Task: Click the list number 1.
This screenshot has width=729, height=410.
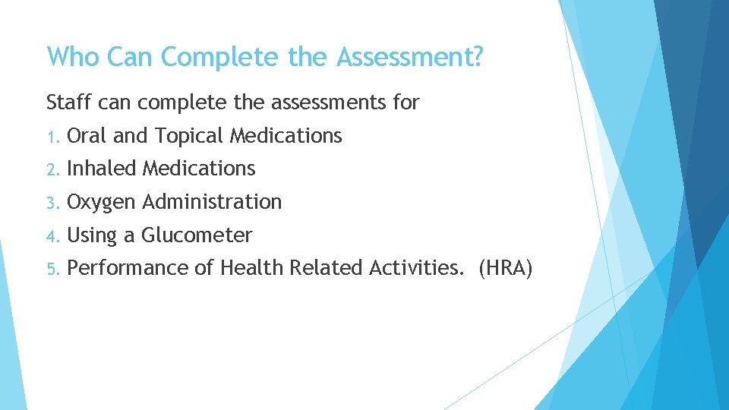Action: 51,137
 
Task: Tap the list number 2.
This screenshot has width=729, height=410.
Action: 52,169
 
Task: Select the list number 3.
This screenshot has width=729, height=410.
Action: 52,203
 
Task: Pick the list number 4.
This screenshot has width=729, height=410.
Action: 52,236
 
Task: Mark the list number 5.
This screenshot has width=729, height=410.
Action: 52,269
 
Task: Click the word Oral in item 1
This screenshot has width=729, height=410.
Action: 87,136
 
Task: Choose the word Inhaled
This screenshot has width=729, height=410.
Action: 102,169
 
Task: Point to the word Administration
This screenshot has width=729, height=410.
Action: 212,202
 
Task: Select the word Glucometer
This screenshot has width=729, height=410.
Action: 197,235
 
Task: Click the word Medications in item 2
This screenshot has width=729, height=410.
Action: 199,169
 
